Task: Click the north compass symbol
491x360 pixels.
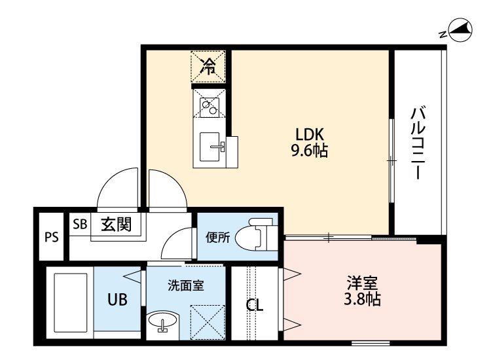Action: [x=460, y=31]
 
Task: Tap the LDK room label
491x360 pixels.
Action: [x=310, y=135]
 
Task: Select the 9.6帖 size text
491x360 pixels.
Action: [x=310, y=151]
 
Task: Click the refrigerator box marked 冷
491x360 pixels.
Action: [x=208, y=66]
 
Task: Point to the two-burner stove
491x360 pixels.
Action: [x=209, y=107]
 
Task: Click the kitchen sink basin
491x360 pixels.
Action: [x=209, y=147]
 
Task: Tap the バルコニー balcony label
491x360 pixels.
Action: [x=418, y=143]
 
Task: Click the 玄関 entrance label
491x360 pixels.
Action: [x=117, y=224]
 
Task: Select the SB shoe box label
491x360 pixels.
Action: [x=80, y=224]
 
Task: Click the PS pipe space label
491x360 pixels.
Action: [x=51, y=237]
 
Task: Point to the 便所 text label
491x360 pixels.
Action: [x=217, y=238]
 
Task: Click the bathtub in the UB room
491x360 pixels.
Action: [x=71, y=302]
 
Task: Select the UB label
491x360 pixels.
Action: [x=117, y=300]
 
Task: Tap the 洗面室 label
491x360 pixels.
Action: [x=186, y=285]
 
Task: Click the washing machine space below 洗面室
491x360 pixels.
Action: [x=208, y=322]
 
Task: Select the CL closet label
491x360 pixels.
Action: [x=255, y=305]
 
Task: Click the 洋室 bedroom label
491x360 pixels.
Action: [x=362, y=283]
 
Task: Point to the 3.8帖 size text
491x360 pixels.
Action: [x=362, y=299]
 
